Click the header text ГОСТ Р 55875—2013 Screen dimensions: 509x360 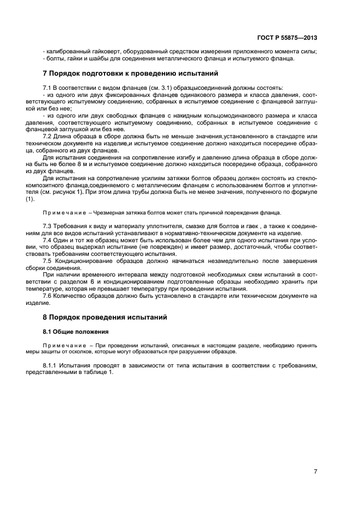click(288, 38)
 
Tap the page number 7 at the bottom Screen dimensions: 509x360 click(315, 471)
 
